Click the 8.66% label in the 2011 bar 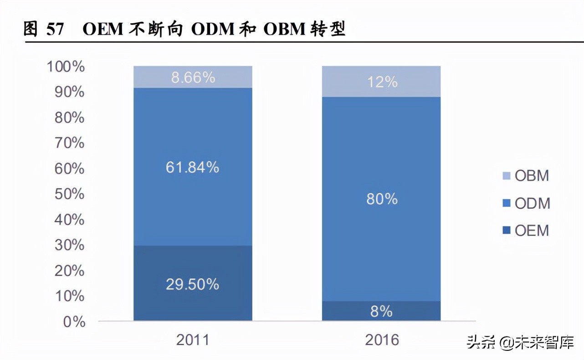click(x=193, y=77)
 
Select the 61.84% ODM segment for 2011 click(x=193, y=182)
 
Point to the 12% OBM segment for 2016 click(x=382, y=82)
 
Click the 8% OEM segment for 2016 click(x=382, y=311)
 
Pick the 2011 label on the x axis click(x=192, y=340)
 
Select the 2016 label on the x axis click(x=381, y=340)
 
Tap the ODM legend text click(x=533, y=203)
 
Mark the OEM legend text click(x=532, y=231)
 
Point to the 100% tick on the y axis click(x=66, y=67)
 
